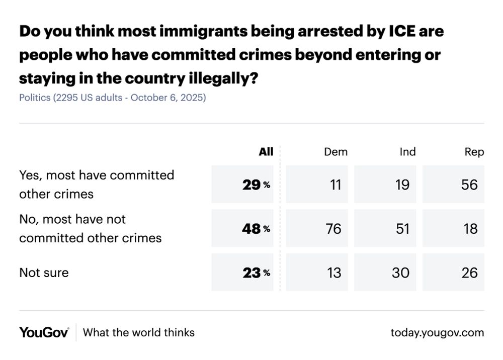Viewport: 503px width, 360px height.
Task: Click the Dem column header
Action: (336, 152)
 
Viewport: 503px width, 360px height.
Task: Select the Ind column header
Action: (407, 152)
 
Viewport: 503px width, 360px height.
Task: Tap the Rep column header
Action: (474, 152)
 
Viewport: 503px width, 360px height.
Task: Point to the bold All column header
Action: (266, 152)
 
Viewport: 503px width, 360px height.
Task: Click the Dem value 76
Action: (333, 229)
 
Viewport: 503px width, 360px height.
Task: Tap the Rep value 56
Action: (469, 185)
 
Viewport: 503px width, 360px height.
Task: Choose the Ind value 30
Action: (401, 273)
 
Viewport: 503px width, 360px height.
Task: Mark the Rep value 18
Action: (470, 229)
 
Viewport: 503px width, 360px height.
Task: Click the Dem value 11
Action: (335, 185)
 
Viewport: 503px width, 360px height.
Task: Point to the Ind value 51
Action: (402, 229)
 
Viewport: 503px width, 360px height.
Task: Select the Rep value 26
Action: (469, 273)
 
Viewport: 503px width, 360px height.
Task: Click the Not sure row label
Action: (44, 273)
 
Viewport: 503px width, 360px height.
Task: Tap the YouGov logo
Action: (44, 332)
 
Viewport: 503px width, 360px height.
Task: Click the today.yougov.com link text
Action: (437, 332)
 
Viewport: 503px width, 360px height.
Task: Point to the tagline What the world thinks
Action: (138, 332)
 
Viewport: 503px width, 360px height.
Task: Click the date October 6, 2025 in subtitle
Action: (168, 98)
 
